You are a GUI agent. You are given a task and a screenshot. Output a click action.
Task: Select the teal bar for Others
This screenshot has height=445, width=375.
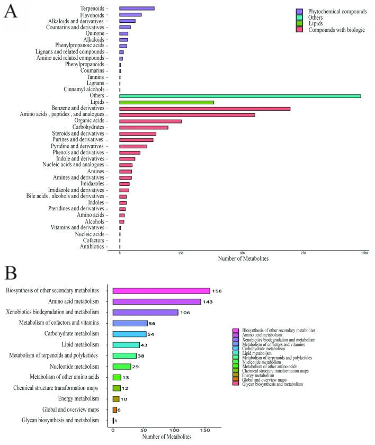pos(240,96)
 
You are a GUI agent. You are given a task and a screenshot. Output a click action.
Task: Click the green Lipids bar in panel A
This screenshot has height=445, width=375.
pos(166,102)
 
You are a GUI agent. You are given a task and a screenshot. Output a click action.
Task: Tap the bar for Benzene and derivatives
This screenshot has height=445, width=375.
pos(204,109)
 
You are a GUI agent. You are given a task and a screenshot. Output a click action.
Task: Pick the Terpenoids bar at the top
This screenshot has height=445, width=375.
pos(137,8)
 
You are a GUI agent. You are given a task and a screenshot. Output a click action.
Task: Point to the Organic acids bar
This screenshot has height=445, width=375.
pos(150,121)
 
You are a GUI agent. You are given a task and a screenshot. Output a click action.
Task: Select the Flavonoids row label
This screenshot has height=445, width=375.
pos(92,15)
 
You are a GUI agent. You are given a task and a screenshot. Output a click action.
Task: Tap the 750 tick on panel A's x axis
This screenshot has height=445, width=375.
pos(303,253)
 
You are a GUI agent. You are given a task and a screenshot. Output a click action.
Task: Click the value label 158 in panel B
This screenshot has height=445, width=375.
pos(216,291)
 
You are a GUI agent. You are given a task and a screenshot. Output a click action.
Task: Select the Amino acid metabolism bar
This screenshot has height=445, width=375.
pos(157,301)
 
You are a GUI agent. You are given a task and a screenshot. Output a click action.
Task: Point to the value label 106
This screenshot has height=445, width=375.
pos(185,313)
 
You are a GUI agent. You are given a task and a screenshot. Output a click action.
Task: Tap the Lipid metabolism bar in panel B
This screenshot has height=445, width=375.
pos(126,345)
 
